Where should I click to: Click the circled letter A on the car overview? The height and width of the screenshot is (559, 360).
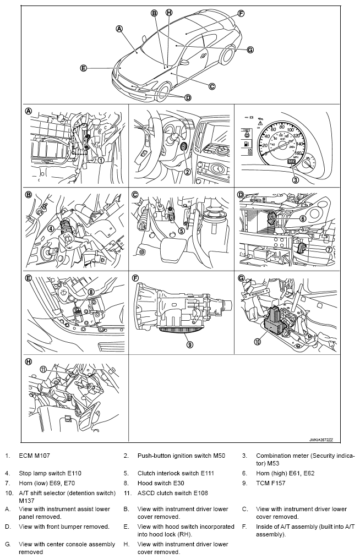[119, 28]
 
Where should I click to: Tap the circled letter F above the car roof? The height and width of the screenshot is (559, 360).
[241, 13]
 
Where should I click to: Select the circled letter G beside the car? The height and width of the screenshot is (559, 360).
[250, 50]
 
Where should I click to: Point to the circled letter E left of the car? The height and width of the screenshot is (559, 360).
[83, 68]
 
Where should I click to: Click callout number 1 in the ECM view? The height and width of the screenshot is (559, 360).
[101, 161]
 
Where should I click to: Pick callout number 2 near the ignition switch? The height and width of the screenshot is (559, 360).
[187, 172]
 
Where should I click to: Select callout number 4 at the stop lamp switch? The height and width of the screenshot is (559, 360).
[50, 228]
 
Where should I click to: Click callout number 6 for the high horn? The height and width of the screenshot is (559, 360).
[303, 218]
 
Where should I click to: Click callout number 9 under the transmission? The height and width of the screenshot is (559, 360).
[189, 345]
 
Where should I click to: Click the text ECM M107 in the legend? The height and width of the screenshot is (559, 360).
[35, 456]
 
